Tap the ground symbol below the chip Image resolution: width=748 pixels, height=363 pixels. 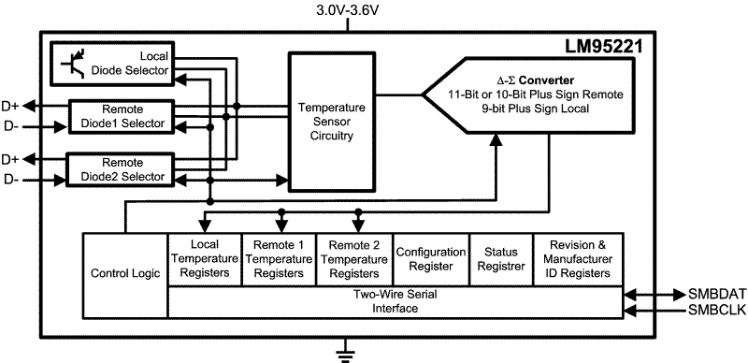coord(348,353)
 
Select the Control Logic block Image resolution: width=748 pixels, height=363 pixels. coord(124,274)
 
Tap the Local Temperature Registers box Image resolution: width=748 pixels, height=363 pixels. coord(204,259)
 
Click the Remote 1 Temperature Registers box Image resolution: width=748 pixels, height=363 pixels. coord(279,259)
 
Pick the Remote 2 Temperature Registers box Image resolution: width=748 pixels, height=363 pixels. coord(353,259)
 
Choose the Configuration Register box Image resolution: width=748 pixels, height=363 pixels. coord(429,259)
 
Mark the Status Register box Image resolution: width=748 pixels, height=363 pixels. coord(500,259)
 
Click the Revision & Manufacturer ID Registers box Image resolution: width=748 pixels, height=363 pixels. coord(579,259)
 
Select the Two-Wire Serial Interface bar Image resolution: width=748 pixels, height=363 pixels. coord(396,301)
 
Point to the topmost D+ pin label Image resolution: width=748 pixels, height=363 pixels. coord(15,106)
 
